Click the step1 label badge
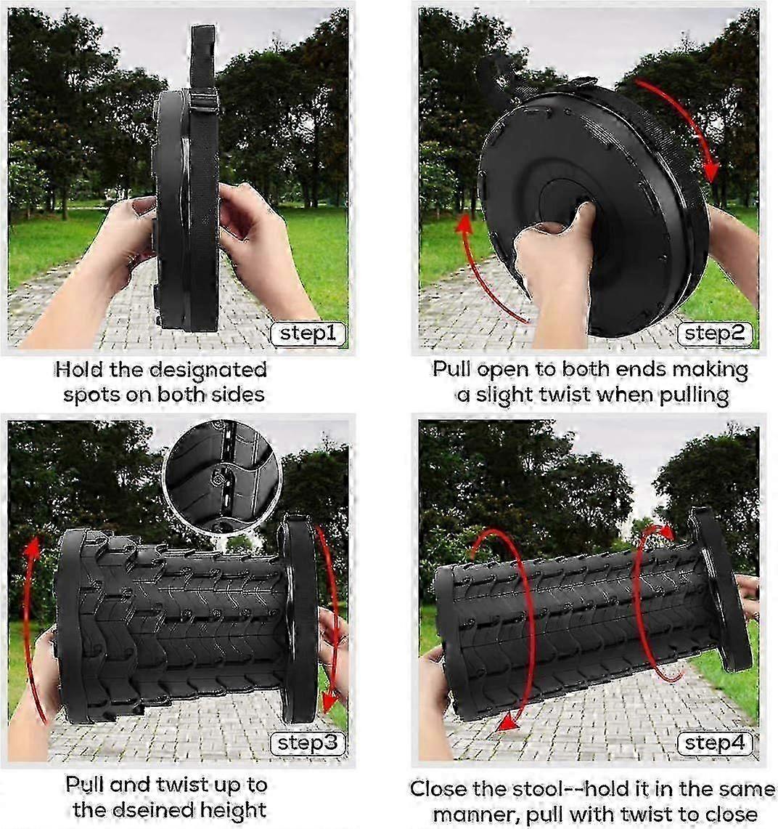[308, 333]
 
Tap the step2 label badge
[715, 333]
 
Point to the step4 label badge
[715, 743]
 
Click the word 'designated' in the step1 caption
[208, 369]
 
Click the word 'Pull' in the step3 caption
[87, 785]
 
